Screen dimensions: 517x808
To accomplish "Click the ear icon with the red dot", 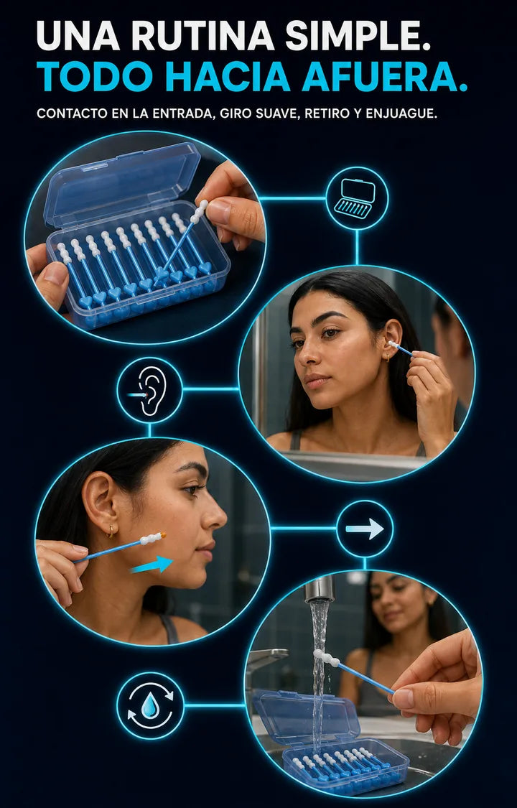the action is [149, 390].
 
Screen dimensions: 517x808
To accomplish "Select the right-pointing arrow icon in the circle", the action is [365, 529].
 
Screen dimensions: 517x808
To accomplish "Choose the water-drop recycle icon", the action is [150, 705].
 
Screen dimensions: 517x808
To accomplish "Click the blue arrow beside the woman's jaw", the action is [152, 565].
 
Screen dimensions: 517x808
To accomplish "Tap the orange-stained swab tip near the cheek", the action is [152, 539].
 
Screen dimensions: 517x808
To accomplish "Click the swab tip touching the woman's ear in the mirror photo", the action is [394, 344].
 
